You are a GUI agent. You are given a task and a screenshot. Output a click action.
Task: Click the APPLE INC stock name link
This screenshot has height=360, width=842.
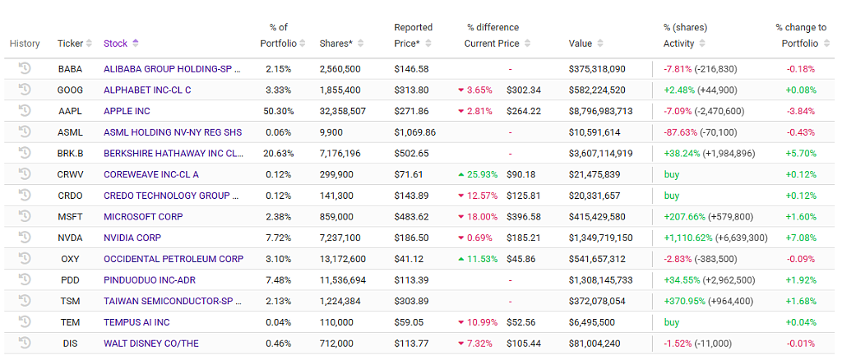click(x=127, y=111)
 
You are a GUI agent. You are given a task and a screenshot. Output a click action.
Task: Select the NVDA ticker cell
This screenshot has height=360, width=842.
click(x=71, y=238)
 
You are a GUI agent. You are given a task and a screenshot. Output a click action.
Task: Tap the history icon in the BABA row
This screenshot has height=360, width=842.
click(x=24, y=68)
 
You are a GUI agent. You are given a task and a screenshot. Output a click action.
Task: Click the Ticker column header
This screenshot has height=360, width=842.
click(x=71, y=44)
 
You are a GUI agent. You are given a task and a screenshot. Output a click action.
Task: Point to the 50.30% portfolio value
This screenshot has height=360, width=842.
click(x=280, y=111)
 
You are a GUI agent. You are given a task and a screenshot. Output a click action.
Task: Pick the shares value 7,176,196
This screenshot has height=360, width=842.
click(x=340, y=154)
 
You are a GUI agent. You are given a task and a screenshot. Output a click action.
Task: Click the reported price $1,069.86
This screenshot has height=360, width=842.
click(x=415, y=132)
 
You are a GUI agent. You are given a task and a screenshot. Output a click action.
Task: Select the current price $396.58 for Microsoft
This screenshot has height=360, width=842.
click(x=524, y=217)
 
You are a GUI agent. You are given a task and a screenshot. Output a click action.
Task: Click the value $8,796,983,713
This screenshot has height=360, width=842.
click(x=600, y=111)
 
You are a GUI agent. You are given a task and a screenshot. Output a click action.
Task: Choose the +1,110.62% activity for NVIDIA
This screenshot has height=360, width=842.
click(x=688, y=238)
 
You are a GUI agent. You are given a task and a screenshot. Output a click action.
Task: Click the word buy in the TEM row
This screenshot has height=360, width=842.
click(x=672, y=322)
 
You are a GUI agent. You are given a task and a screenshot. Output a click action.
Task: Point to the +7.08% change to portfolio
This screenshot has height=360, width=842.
click(x=801, y=238)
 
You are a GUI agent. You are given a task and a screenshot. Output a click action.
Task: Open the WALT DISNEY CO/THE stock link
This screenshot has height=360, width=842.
click(x=151, y=344)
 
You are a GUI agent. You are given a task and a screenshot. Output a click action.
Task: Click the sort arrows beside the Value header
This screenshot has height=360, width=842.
click(x=599, y=44)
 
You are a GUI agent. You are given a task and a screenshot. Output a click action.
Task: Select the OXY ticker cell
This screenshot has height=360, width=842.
click(x=71, y=259)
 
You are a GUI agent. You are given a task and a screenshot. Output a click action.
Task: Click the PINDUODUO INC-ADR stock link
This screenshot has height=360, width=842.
click(x=148, y=280)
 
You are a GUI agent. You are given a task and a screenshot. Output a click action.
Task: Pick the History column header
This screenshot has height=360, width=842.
click(x=25, y=44)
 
